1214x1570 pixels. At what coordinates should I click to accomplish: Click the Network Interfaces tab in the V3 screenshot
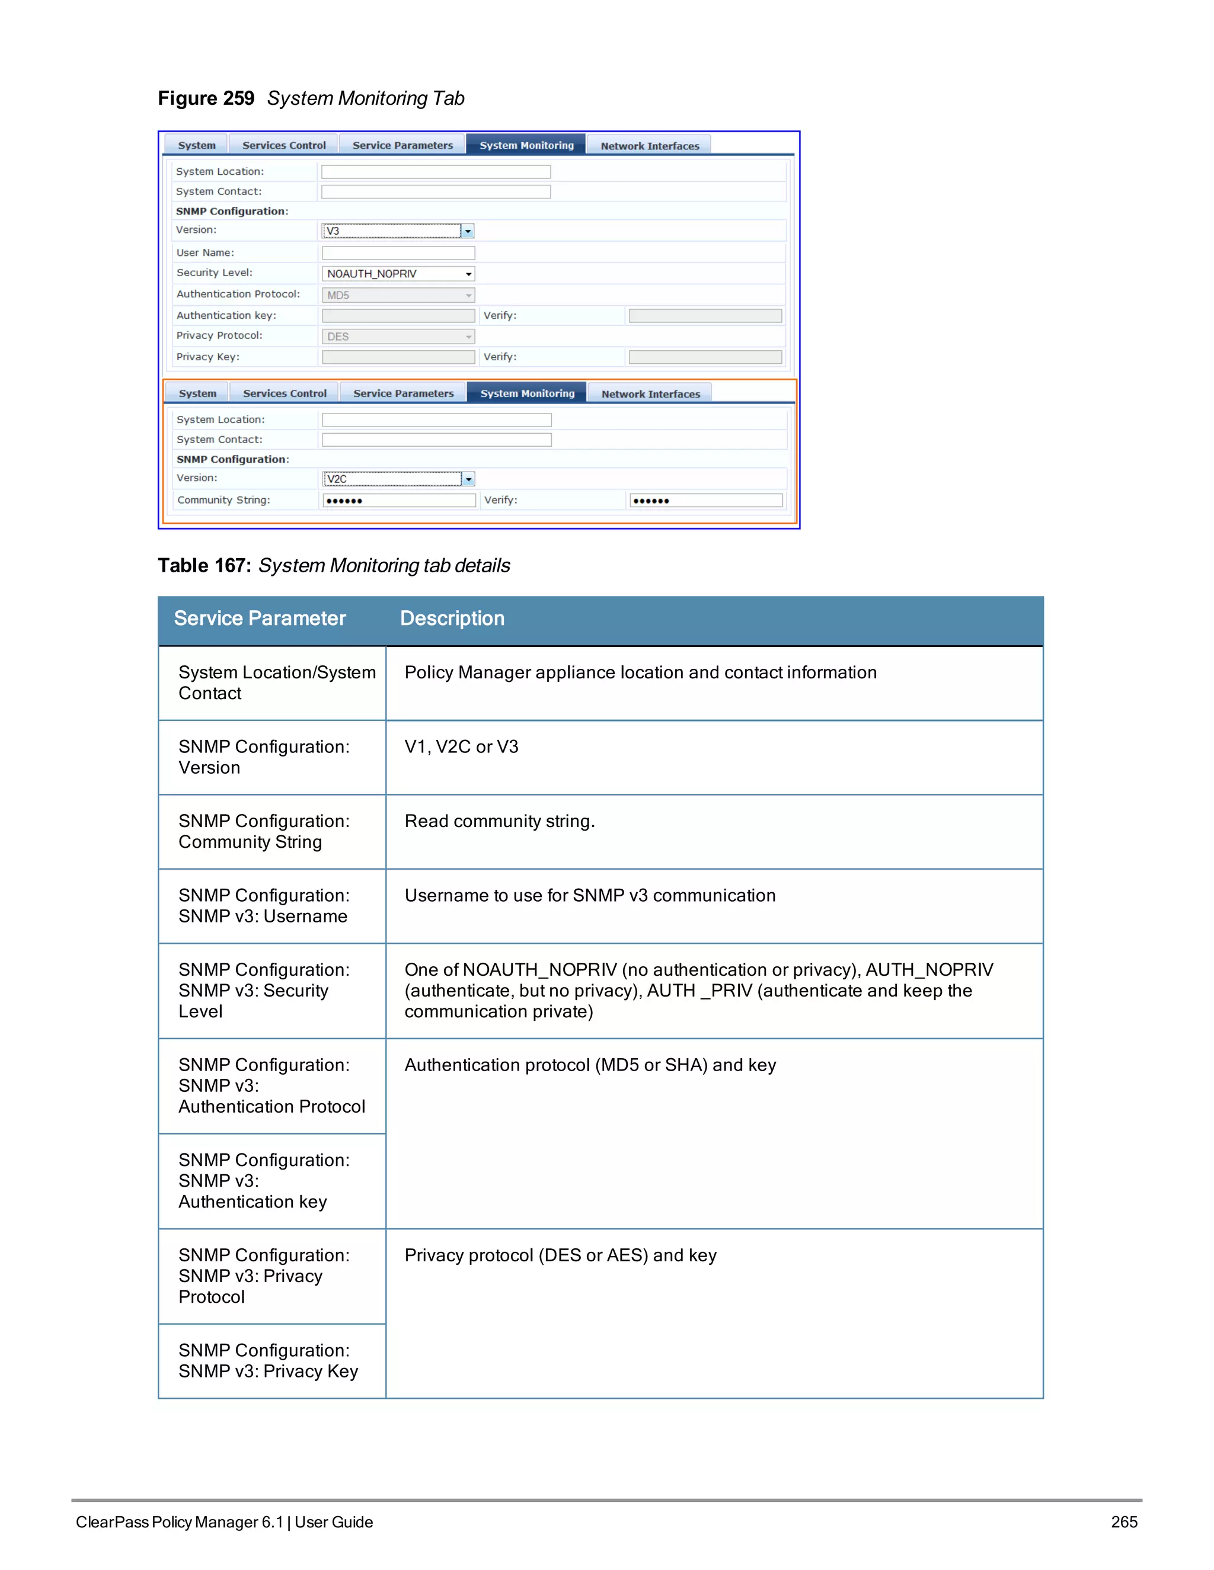[650, 146]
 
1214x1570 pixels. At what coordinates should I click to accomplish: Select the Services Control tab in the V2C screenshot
[284, 393]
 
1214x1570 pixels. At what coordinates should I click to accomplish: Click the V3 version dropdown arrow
[468, 232]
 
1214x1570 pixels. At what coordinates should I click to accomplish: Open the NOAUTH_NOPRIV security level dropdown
[398, 274]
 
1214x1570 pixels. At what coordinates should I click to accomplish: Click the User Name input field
[398, 253]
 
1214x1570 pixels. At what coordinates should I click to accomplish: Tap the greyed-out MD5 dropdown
[398, 296]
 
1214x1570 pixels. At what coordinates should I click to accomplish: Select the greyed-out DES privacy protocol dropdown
[398, 337]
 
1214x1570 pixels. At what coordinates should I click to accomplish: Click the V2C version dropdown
[398, 479]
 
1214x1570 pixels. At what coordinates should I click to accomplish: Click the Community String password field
[398, 501]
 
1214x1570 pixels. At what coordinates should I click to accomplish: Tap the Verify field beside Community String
[705, 501]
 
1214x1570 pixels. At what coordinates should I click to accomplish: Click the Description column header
[452, 618]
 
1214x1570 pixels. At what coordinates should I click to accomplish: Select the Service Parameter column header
[260, 618]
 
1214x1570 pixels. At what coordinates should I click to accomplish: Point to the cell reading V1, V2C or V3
[461, 747]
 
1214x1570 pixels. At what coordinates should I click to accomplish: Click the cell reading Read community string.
[499, 821]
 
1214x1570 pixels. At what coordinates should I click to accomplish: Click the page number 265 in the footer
[1123, 1522]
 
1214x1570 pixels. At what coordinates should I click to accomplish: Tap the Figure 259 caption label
[206, 98]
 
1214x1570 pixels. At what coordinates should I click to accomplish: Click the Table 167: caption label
[205, 566]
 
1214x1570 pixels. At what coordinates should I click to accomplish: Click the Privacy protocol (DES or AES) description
[560, 1255]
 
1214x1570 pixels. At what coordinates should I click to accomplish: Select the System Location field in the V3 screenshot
[435, 172]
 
